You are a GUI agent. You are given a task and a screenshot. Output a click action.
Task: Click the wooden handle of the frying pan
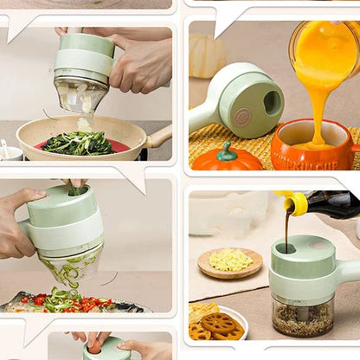click(159, 136)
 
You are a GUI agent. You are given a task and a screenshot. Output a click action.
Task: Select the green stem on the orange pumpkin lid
click(227, 151)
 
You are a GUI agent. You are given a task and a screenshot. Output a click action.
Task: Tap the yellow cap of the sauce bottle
click(295, 203)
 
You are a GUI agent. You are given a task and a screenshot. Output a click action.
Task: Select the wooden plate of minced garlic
click(229, 261)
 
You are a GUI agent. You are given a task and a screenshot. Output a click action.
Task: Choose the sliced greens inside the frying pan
click(78, 144)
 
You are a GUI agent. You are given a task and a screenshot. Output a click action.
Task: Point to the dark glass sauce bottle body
click(333, 204)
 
